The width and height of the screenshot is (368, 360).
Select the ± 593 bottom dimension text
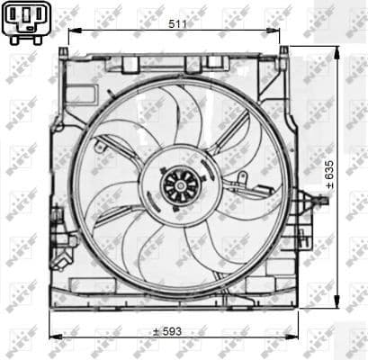coord(166,330)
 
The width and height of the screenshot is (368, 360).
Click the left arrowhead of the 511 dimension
coord(72,31)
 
